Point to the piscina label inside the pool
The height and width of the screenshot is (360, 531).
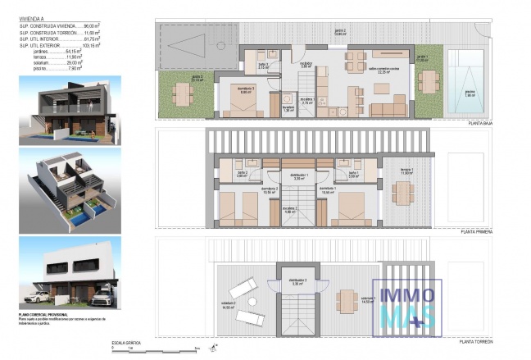pyautogui.click(x=470, y=94)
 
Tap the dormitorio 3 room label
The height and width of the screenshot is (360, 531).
pyautogui.click(x=245, y=91)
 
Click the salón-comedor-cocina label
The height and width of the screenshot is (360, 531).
pyautogui.click(x=382, y=69)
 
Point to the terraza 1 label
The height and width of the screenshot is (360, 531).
pyautogui.click(x=407, y=170)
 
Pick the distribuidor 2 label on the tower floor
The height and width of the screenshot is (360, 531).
pyautogui.click(x=298, y=280)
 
